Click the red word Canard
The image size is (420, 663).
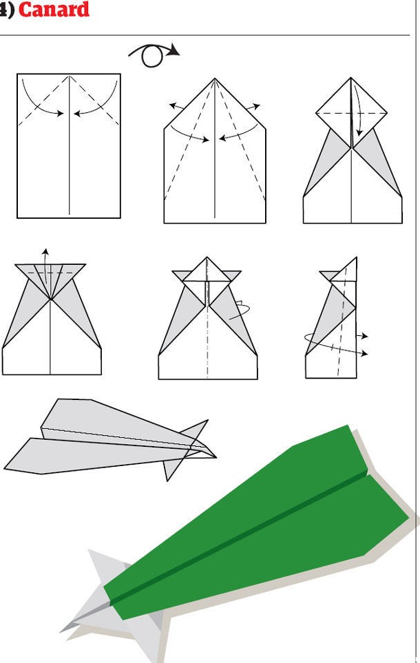[54, 9]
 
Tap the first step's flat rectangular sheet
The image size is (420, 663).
[69, 146]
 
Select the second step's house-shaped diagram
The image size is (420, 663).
[215, 151]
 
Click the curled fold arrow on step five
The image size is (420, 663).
[240, 310]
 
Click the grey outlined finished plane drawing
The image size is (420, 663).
[110, 440]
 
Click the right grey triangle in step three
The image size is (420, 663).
[377, 162]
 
